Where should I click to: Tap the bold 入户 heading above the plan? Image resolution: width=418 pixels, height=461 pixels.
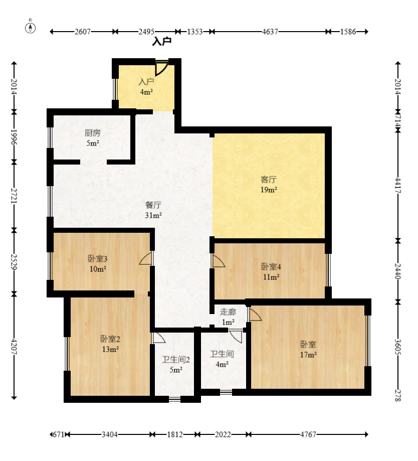161,42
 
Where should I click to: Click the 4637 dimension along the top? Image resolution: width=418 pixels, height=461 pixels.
270,32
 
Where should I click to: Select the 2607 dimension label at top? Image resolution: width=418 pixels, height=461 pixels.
82,32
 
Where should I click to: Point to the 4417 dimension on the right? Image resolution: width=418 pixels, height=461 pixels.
398,185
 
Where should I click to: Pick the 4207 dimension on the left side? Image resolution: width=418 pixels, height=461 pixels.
14,347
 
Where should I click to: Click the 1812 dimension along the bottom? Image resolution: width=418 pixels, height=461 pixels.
175,434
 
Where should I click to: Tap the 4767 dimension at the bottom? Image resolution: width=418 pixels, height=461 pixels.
308,434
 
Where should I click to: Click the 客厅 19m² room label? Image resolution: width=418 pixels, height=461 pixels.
269,185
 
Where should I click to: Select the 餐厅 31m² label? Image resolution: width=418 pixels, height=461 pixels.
153,210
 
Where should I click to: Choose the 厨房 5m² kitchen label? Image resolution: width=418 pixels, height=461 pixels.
93,138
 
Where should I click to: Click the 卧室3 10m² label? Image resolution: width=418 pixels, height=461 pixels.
98,264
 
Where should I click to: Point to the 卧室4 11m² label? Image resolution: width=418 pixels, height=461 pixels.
271,272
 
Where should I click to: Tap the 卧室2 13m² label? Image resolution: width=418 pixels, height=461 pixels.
110,344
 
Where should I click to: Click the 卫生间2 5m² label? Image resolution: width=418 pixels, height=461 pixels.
176,365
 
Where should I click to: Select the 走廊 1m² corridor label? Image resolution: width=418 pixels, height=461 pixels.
228,317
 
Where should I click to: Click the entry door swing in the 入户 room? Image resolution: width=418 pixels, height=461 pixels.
161,69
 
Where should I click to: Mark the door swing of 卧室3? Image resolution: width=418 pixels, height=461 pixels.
146,258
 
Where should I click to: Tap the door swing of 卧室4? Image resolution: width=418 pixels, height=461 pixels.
218,261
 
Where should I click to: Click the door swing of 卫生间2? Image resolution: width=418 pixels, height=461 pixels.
158,338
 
